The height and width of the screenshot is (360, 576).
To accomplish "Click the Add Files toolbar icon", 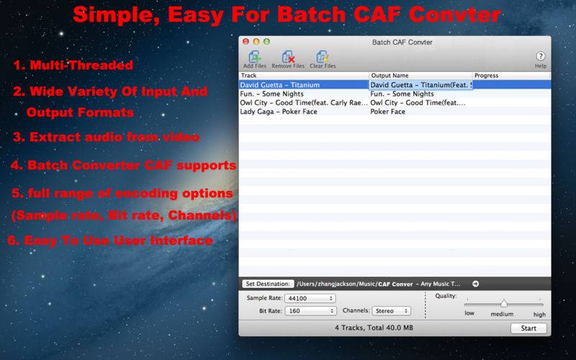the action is [255, 57].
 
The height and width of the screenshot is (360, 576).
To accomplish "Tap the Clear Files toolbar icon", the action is [323, 57].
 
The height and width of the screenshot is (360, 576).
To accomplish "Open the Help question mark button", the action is [541, 56].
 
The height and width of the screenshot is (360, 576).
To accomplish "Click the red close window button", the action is [246, 42].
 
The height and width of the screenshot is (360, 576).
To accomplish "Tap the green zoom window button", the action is [266, 42].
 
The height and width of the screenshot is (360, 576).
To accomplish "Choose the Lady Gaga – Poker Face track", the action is [279, 112].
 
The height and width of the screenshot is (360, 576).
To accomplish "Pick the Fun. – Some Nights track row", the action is [272, 94].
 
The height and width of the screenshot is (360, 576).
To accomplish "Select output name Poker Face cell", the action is [387, 112].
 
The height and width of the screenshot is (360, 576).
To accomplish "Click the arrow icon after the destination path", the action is [475, 284].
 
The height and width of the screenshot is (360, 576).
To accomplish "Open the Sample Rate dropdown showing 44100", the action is [310, 298].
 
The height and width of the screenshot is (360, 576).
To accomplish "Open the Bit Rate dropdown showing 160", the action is [310, 311].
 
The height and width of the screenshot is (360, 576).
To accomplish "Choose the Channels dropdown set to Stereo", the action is [391, 311].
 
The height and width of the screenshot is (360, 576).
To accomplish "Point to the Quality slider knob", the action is [503, 303].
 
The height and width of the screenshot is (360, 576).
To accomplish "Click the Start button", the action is [528, 328].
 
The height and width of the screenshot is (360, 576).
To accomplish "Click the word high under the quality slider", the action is [539, 315].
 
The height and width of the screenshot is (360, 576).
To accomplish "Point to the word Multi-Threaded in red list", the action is [81, 65].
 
